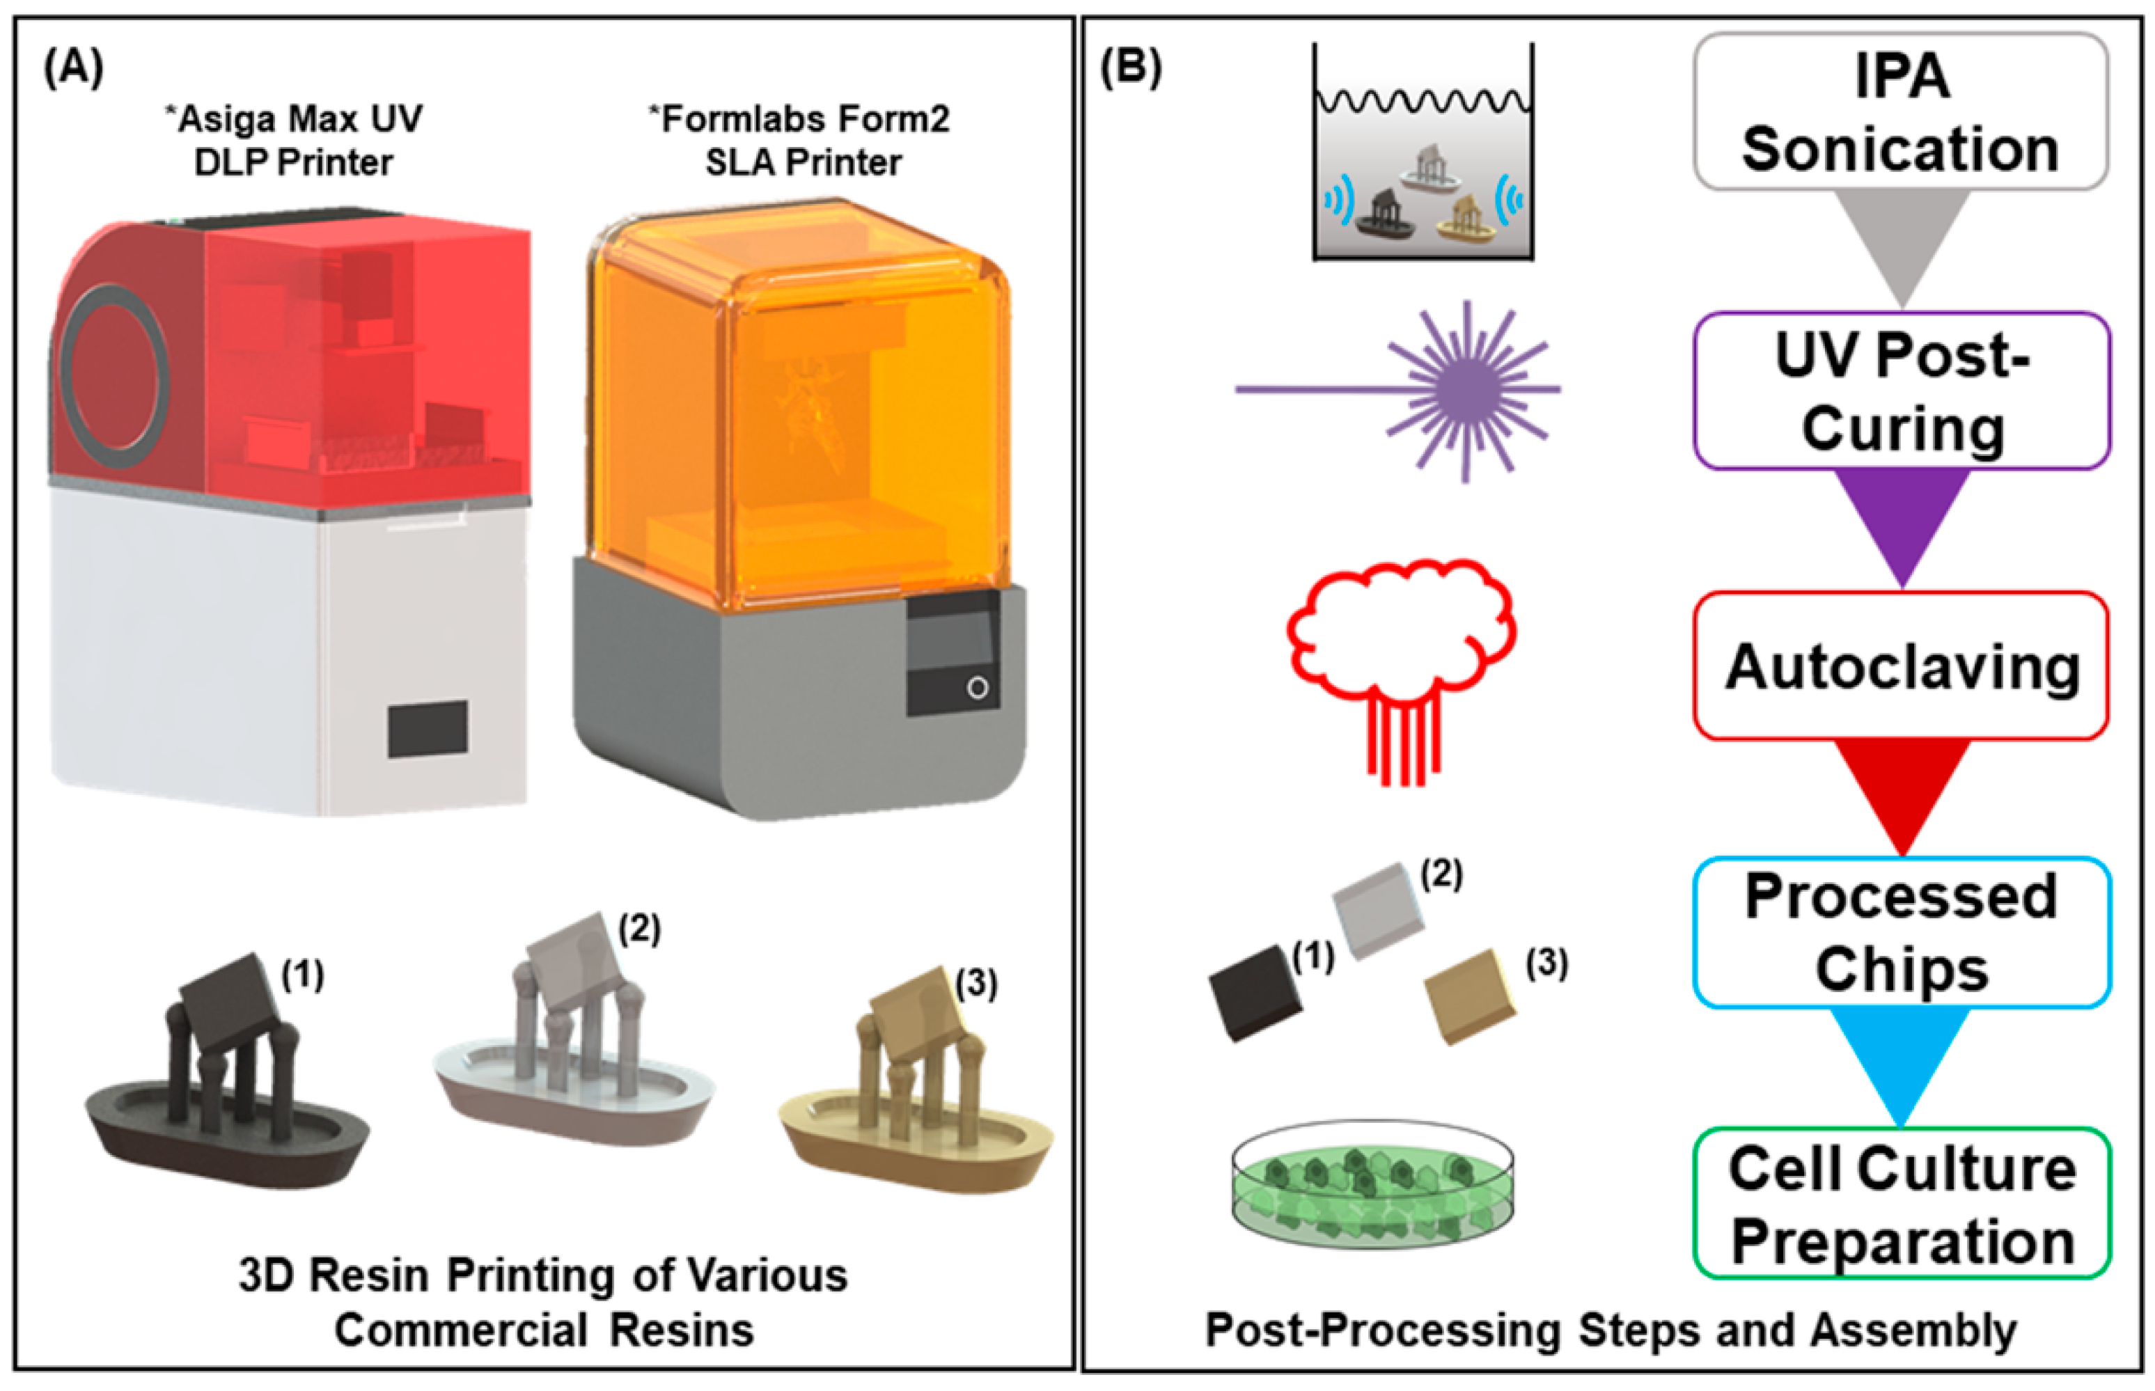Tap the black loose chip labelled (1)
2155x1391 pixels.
pyautogui.click(x=1255, y=993)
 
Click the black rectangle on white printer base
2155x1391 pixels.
pyautogui.click(x=428, y=729)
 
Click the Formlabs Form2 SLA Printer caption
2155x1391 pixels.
pyautogui.click(x=801, y=141)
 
